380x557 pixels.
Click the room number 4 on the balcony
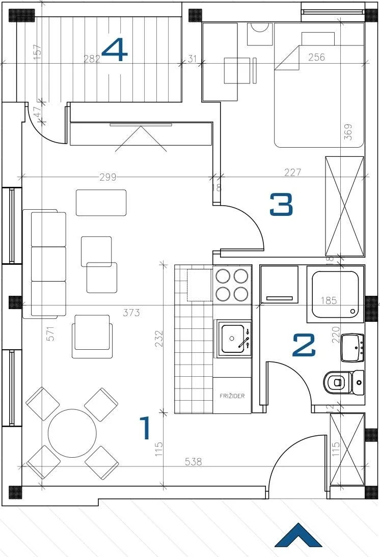[x=115, y=50]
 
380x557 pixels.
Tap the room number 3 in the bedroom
[x=281, y=204]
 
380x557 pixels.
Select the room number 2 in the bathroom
[x=304, y=345]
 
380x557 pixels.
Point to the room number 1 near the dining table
[x=145, y=428]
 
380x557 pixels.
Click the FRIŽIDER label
[x=232, y=396]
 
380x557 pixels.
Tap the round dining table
[x=72, y=433]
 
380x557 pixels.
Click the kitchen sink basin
[x=233, y=339]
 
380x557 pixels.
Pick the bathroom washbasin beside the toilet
[x=352, y=347]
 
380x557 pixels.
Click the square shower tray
[x=335, y=294]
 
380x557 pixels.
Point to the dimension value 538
[x=194, y=461]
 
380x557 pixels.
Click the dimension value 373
[x=131, y=313]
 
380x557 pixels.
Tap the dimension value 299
[x=107, y=177]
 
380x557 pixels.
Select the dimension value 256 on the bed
[x=316, y=57]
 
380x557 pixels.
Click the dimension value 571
[x=51, y=334]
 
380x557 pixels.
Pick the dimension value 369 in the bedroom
[x=348, y=131]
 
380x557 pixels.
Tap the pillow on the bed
[x=318, y=39]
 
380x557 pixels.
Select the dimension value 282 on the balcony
[x=92, y=59]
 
